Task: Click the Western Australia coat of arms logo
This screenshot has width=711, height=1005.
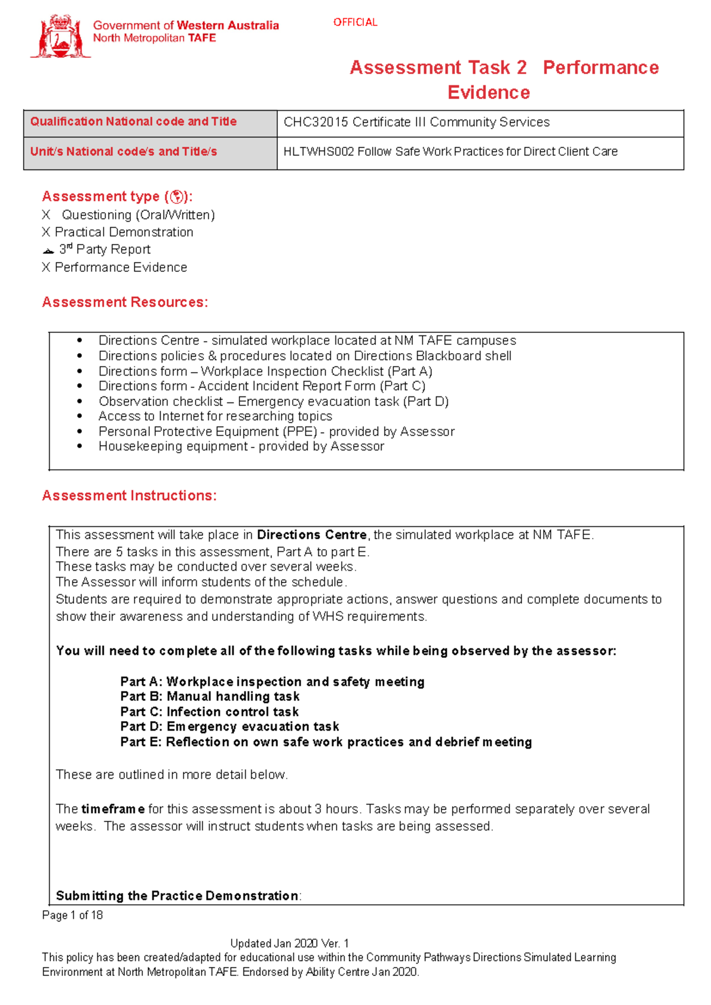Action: [x=60, y=37]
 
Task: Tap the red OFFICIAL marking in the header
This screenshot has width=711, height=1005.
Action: [x=355, y=23]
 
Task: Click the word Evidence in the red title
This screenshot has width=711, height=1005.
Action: [x=488, y=92]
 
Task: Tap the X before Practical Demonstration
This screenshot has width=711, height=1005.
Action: [x=46, y=232]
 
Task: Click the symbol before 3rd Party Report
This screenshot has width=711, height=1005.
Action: [x=48, y=251]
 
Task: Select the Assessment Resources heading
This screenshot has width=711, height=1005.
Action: [x=124, y=302]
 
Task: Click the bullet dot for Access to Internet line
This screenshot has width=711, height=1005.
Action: [x=79, y=417]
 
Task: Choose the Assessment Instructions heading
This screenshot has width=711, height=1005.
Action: [x=129, y=495]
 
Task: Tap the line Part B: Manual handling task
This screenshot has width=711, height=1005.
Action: [x=210, y=696]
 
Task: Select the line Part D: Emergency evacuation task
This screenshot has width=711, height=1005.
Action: [x=229, y=726]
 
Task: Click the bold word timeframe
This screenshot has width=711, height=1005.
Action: [x=113, y=809]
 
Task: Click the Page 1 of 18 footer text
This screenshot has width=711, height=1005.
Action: [x=72, y=915]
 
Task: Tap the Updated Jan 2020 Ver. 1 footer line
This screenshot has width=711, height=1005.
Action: [x=289, y=943]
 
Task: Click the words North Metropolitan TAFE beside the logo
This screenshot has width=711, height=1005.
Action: [x=154, y=39]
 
